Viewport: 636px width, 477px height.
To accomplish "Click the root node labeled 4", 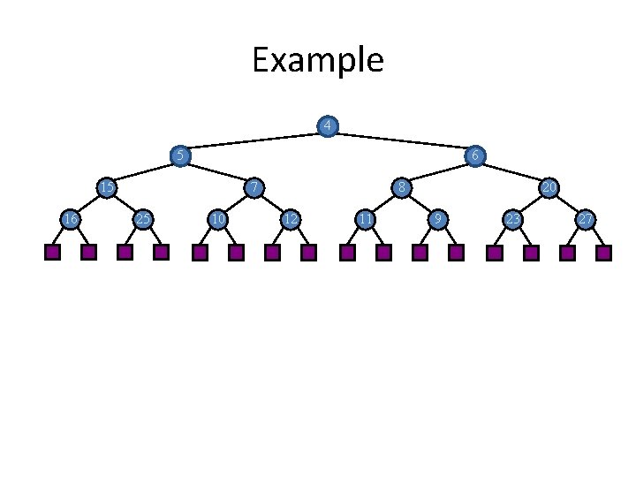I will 328,126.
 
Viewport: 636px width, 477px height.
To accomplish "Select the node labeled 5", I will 180,156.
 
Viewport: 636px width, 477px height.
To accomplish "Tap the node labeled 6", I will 475,156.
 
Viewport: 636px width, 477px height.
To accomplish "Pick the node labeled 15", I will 107,187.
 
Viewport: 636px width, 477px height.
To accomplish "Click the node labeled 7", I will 254,187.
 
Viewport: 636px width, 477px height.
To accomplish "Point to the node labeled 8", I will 401,187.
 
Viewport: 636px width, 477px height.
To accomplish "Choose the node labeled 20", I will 549,187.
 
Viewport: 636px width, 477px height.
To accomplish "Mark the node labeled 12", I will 290,218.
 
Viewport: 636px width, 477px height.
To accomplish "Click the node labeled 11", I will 364,218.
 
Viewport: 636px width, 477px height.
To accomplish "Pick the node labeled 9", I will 437,218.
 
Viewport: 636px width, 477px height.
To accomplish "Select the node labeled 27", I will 585,218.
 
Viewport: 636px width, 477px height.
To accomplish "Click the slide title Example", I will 317,61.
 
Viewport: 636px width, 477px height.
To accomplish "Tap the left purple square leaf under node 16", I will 52,253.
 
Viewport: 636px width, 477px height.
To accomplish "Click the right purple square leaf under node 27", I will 603,253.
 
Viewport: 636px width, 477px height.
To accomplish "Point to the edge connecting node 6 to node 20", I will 512,172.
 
